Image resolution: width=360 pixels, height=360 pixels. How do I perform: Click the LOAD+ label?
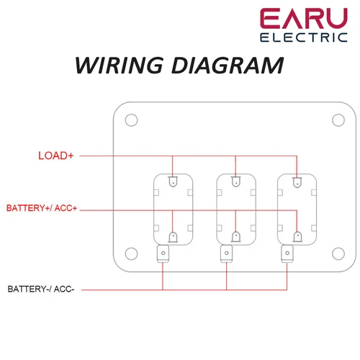coord(56,155)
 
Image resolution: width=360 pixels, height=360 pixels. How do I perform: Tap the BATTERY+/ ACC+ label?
coord(42,208)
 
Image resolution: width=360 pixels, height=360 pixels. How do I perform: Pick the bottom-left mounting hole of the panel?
coord(130,253)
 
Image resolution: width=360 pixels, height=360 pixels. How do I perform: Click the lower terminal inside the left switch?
coord(173,236)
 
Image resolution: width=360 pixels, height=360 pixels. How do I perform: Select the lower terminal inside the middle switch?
coord(235,236)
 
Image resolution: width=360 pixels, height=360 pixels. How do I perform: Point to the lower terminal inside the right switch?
coord(297,236)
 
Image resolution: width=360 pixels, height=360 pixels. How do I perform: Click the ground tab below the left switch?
coord(163,253)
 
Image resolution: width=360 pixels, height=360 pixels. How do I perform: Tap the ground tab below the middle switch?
coord(226,253)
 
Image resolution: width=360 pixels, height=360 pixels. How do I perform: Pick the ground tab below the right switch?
coord(287,253)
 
